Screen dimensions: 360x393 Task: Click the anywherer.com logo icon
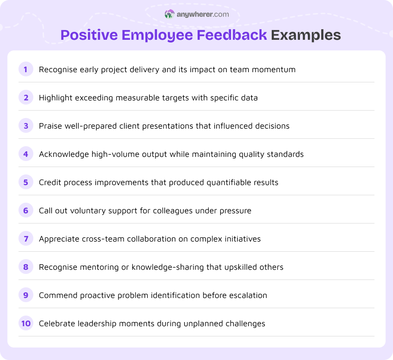coord(169,14)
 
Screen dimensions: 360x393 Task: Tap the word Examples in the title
coord(306,35)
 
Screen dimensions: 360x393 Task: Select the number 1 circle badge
coord(26,69)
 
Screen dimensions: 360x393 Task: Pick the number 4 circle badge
coord(26,154)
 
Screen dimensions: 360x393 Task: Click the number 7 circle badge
coord(26,239)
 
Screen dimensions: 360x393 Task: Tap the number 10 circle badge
coord(26,323)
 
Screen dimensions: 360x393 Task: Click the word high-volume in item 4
coord(110,154)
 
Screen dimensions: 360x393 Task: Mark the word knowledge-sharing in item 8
coord(188,267)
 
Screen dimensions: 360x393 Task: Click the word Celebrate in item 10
coord(56,323)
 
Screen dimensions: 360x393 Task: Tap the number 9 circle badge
coord(26,295)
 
